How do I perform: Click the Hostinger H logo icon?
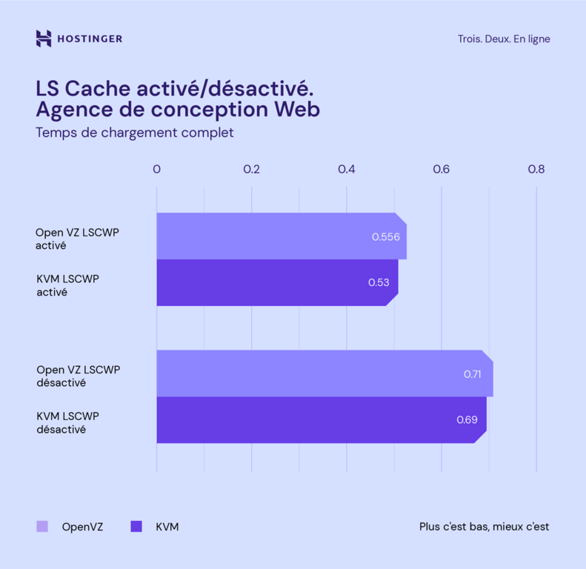43,39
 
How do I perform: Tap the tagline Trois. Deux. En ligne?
504,39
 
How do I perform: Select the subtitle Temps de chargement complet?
135,133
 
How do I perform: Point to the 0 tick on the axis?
156,169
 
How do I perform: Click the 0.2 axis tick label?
252,169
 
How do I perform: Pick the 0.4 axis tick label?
347,169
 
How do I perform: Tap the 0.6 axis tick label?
442,169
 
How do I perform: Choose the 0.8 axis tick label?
536,169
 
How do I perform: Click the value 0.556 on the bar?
386,237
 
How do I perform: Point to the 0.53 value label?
379,282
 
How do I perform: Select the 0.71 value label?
473,374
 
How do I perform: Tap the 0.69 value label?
467,420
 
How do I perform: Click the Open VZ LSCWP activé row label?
77,239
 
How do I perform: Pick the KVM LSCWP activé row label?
67,285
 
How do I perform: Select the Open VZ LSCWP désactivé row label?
78,376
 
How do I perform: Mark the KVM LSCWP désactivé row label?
67,422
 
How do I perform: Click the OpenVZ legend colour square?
42,527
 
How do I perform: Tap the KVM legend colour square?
136,527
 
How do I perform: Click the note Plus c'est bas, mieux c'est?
485,528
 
